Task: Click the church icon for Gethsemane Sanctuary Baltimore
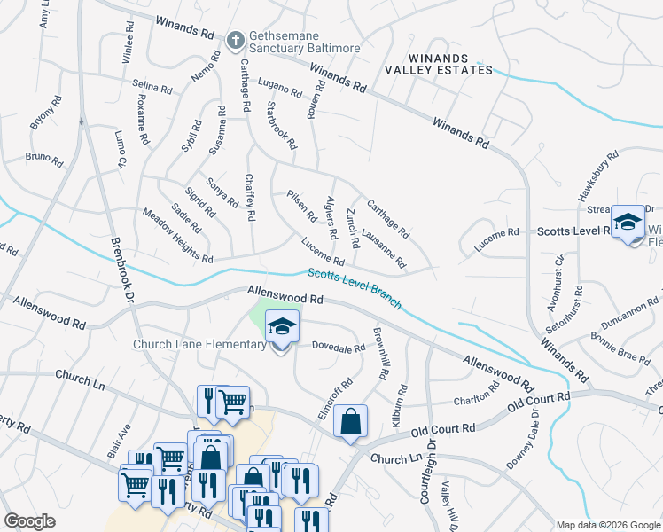point(235,39)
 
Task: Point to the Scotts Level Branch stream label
point(355,289)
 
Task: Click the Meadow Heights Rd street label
point(178,235)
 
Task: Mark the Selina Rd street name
point(152,87)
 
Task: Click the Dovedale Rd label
point(337,348)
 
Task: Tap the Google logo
point(30,520)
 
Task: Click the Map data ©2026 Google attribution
point(607,525)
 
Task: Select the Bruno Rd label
point(44,160)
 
